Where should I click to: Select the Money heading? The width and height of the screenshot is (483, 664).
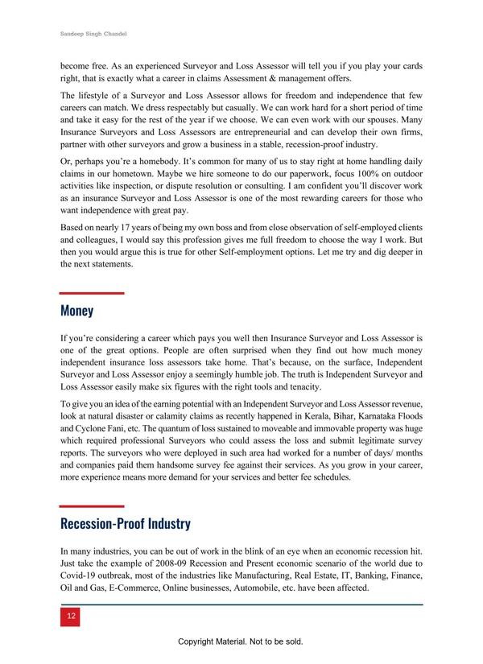[x=77, y=311]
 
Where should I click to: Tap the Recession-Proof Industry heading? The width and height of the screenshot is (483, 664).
[x=126, y=524]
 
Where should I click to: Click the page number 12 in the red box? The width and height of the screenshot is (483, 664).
[x=72, y=616]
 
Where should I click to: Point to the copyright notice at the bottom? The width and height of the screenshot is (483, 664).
[x=241, y=642]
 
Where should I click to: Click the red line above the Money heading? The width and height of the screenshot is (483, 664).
[x=92, y=293]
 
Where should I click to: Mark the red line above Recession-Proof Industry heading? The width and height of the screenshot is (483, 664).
[x=92, y=506]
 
